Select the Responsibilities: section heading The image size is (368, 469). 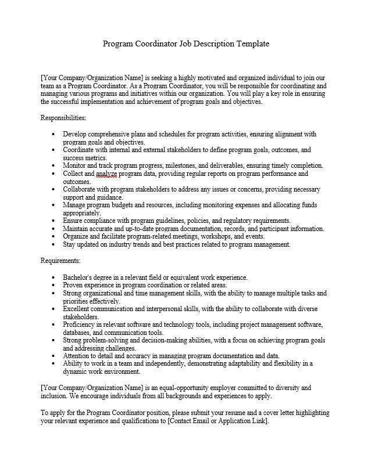click(63, 118)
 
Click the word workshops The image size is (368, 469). click(219, 237)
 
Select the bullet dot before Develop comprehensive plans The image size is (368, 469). click(53, 134)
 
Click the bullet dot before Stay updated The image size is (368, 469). click(53, 245)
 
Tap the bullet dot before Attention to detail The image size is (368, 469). click(53, 356)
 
